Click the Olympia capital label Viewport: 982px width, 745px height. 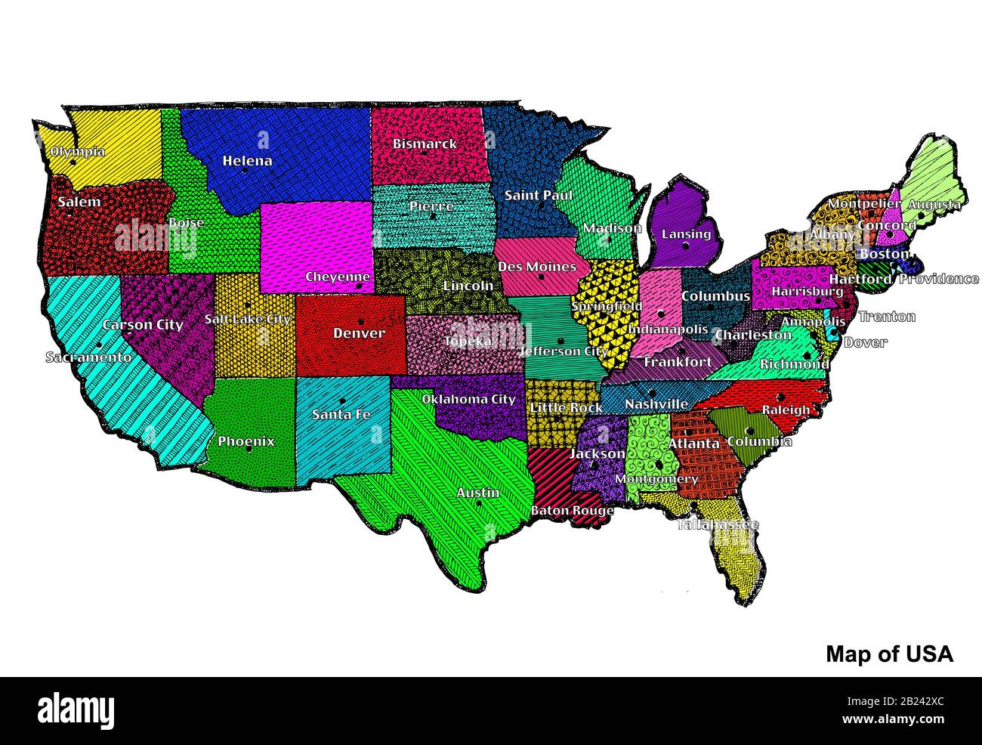coord(77,151)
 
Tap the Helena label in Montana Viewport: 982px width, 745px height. coord(247,160)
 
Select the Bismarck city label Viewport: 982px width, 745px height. coord(425,143)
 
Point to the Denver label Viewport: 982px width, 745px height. coord(359,333)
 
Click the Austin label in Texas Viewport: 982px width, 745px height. coord(477,493)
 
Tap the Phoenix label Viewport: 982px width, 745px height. coord(246,441)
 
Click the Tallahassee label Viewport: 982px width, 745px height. coord(718,524)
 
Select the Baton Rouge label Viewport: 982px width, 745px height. coord(572,511)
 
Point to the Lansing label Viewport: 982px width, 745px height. coord(686,233)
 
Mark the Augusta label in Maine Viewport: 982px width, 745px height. coord(934,204)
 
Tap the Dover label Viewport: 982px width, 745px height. coord(865,342)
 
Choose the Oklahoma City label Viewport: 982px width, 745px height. coord(468,399)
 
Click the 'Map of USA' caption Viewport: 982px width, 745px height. coord(889,654)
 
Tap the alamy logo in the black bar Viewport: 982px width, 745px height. coord(76,710)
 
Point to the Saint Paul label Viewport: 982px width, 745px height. coord(539,195)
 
